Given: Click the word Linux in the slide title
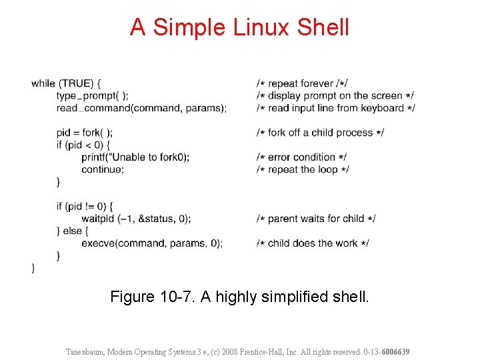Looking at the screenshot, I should click(262, 27).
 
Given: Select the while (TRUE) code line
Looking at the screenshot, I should click(66, 83).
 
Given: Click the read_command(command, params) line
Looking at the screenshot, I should click(141, 108).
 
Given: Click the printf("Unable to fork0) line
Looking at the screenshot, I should click(135, 157).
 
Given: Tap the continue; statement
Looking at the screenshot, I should click(103, 169).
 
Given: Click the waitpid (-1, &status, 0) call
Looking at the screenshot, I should click(136, 219).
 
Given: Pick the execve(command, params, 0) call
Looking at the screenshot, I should click(152, 243).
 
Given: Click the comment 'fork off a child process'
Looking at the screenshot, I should click(320, 133).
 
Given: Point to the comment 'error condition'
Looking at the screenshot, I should click(301, 157).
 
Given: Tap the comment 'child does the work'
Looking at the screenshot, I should click(313, 243).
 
